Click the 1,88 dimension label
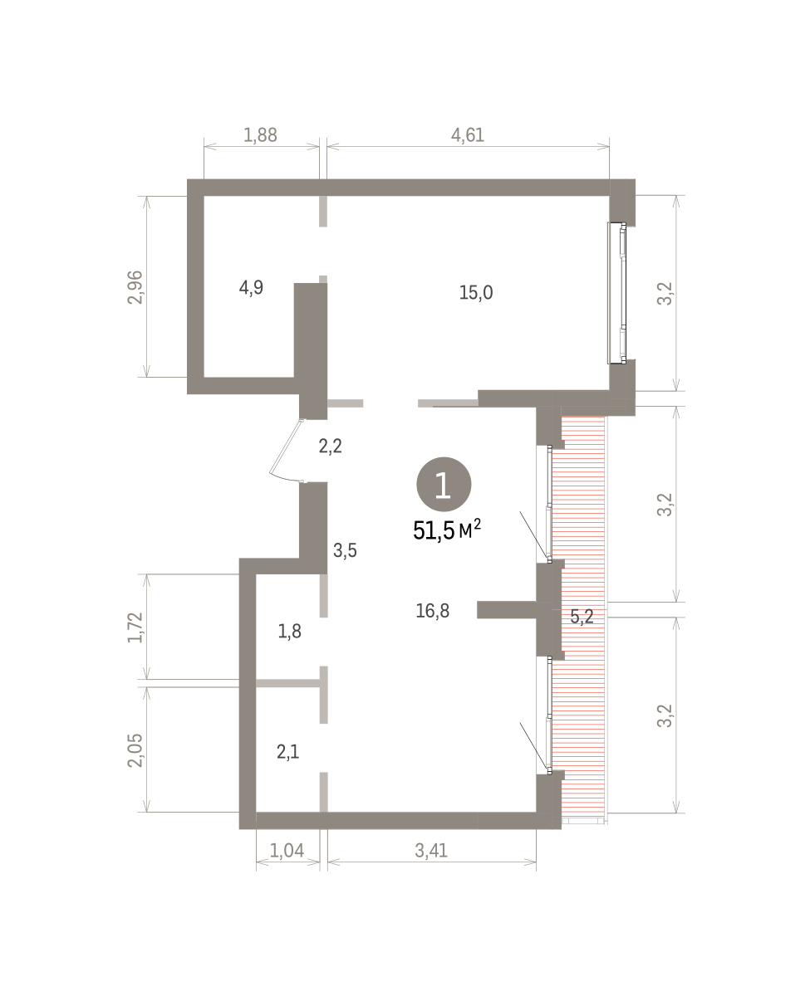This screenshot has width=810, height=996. click(260, 135)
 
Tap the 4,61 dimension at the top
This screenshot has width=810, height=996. click(468, 135)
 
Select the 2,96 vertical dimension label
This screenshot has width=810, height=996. click(135, 287)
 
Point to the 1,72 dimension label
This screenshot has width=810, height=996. click(135, 627)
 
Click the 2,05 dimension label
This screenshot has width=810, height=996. click(135, 750)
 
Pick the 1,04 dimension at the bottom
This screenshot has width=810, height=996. click(287, 851)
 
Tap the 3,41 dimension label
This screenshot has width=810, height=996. click(431, 851)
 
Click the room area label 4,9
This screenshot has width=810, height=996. click(251, 287)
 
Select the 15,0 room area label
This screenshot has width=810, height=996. click(476, 293)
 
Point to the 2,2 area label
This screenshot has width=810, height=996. click(331, 447)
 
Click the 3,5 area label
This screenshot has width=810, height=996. click(345, 550)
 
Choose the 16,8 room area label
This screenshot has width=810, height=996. click(433, 611)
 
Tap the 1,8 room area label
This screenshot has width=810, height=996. click(290, 632)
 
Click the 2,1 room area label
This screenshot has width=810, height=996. click(287, 752)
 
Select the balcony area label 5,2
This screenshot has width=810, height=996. click(582, 617)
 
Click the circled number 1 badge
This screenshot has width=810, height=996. click(444, 485)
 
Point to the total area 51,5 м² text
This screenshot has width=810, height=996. click(447, 530)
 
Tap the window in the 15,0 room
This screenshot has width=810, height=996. click(616, 293)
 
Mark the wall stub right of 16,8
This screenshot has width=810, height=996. click(507, 610)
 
